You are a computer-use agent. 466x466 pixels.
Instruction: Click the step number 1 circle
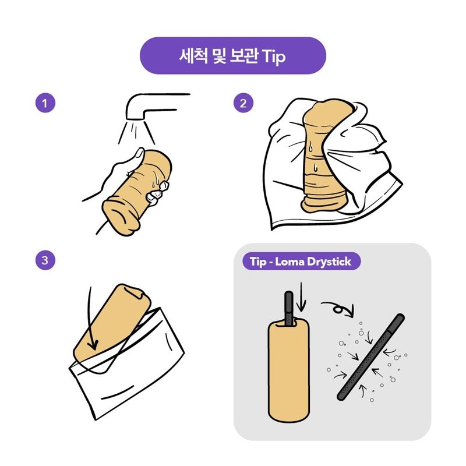45,103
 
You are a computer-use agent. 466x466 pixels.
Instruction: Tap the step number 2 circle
243,103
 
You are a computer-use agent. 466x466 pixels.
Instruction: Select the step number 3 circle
45,260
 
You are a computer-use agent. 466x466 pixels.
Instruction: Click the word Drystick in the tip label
329,262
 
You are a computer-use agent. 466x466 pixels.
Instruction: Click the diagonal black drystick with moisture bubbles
371,356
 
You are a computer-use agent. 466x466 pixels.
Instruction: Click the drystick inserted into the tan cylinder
289,309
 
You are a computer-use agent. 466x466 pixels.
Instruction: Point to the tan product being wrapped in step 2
324,157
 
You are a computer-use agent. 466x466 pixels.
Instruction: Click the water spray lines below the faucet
136,132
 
